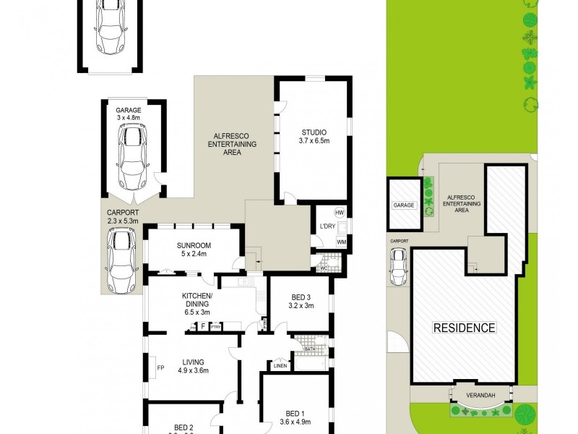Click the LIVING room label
point(193,362)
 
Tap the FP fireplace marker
point(160,367)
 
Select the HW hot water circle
point(340,213)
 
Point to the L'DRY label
point(327,227)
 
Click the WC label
point(324,268)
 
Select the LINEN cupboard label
point(281,366)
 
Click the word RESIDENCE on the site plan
point(464,328)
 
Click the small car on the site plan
point(397,266)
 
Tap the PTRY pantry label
point(215,327)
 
